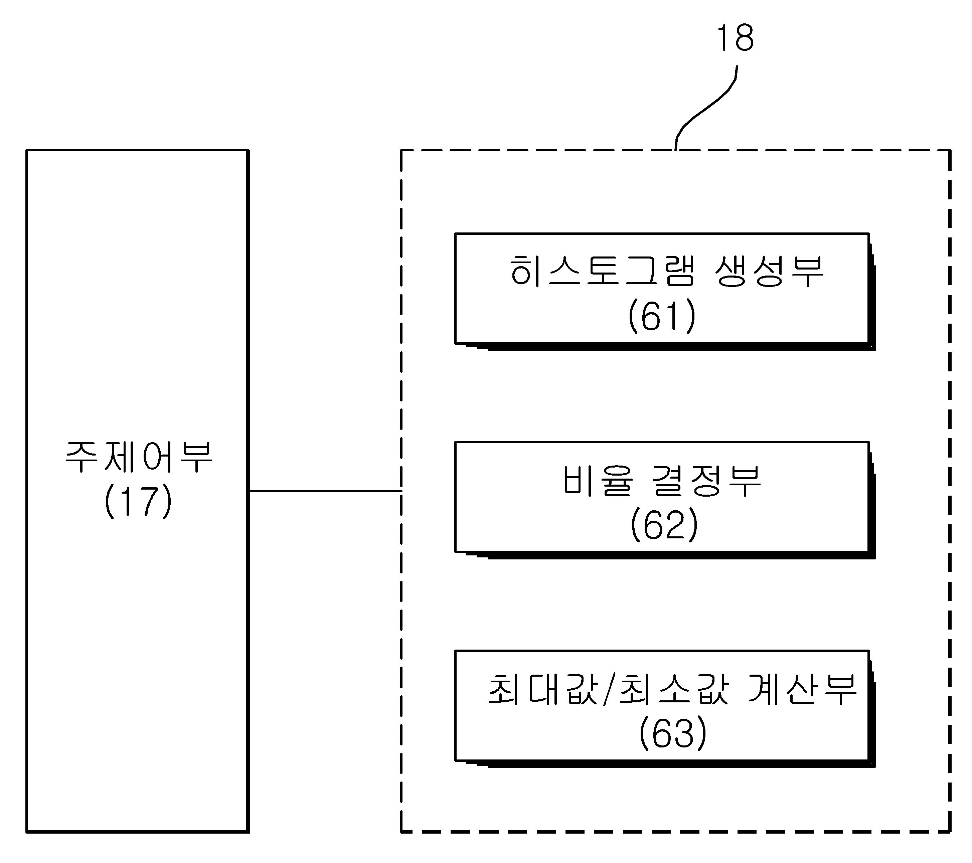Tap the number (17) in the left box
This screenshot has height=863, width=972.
(138, 501)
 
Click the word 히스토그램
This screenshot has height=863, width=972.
(603, 271)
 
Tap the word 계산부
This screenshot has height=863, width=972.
(803, 689)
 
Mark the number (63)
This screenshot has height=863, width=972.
(673, 733)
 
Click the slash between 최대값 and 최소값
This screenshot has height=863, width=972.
(609, 689)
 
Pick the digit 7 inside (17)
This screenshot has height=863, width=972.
(147, 501)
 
